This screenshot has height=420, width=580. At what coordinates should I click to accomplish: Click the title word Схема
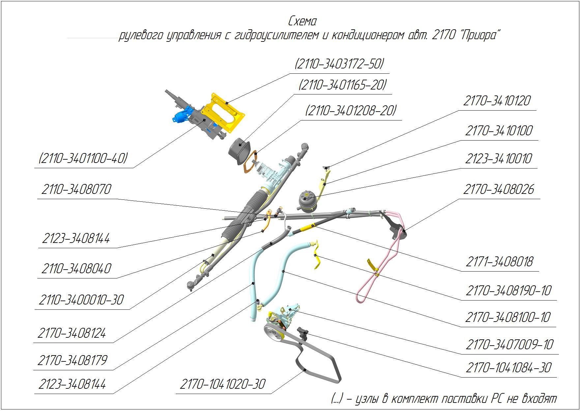(x=302, y=21)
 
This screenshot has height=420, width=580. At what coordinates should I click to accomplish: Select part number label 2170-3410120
(x=497, y=101)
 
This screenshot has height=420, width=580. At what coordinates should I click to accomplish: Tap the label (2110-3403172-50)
(x=339, y=64)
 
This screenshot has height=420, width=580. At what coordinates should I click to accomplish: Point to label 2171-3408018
(x=499, y=262)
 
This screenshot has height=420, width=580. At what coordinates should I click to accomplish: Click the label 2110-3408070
(x=76, y=190)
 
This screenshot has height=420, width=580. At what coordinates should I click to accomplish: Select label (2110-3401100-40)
(x=83, y=159)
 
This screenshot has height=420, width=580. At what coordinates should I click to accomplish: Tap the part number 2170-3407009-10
(x=509, y=345)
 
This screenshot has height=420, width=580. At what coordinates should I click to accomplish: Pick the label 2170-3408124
(x=72, y=333)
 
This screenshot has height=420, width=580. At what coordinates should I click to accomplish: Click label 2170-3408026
(x=498, y=190)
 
